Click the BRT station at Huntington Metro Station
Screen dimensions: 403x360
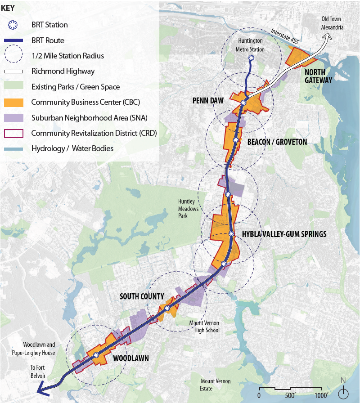pyautogui.click(x=251, y=58)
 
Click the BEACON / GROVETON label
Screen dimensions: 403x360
pyautogui.click(x=277, y=142)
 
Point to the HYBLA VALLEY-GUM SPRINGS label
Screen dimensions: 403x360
pyautogui.click(x=284, y=234)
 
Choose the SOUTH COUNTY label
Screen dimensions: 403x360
pyautogui.click(x=141, y=296)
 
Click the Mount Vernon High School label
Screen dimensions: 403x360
pyautogui.click(x=204, y=327)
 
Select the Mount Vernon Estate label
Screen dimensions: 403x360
pyautogui.click(x=215, y=385)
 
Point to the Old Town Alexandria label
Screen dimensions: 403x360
pyautogui.click(x=333, y=23)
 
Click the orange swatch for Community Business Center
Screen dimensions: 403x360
pyautogui.click(x=15, y=102)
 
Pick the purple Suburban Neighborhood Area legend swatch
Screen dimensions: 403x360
pyautogui.click(x=15, y=118)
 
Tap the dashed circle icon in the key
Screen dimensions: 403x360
pyautogui.click(x=15, y=56)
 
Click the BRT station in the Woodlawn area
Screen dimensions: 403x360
pyautogui.click(x=96, y=355)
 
